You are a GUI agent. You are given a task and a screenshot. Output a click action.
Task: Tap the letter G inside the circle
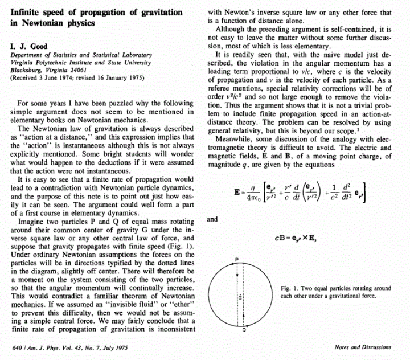click(240, 298)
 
